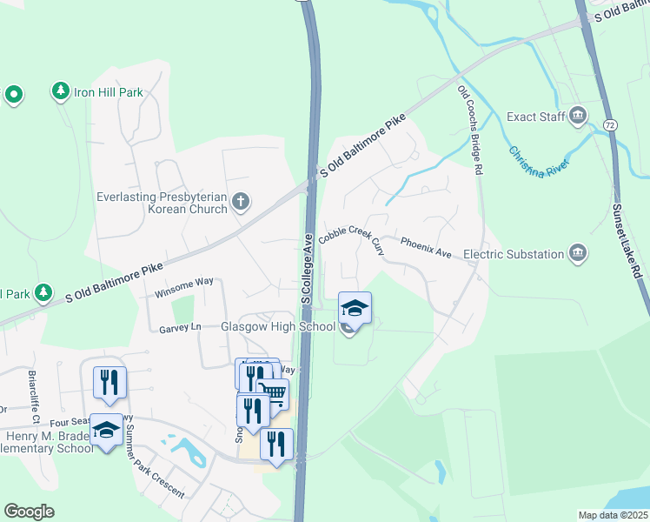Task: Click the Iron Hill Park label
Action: [x=108, y=91]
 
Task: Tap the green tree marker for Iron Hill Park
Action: [x=60, y=90]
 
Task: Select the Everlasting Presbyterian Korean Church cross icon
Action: [x=241, y=203]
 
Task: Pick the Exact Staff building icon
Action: [x=577, y=116]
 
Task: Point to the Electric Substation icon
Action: [x=577, y=253]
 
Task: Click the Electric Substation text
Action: [x=513, y=254]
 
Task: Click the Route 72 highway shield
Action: [x=612, y=125]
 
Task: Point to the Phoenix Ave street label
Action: [x=426, y=247]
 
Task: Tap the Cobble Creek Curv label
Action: [x=352, y=234]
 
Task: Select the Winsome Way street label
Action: [x=183, y=287]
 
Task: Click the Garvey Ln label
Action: [x=180, y=327]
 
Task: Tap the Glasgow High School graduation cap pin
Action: [x=355, y=307]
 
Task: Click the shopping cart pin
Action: [x=275, y=393]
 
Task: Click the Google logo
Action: [x=29, y=512]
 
